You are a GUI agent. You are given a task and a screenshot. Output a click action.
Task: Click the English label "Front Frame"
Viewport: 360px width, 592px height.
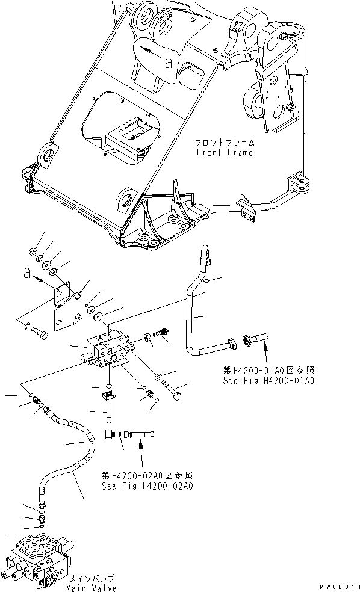click(x=224, y=153)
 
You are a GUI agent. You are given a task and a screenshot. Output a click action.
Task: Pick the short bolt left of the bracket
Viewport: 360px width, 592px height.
click(x=38, y=329)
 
